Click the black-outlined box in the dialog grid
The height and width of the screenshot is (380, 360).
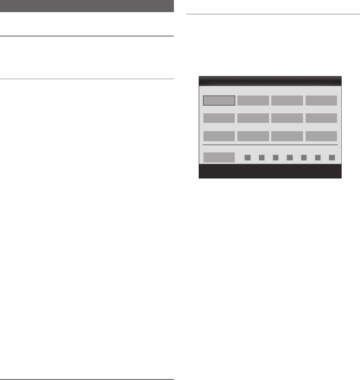[x=219, y=101]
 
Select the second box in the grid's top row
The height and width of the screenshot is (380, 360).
[x=253, y=101]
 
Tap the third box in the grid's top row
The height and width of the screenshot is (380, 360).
[x=287, y=101]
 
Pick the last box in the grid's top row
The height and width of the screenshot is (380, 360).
[x=321, y=101]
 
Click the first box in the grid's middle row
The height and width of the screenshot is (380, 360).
[x=219, y=118]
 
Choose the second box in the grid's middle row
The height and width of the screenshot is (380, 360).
[x=253, y=118]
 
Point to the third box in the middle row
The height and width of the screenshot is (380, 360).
[x=287, y=118]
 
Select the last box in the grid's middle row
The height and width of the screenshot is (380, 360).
[x=321, y=118]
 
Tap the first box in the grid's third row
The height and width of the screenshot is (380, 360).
[x=219, y=136]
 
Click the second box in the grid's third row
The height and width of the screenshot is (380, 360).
[x=253, y=136]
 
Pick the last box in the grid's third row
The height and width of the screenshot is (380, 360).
[x=321, y=136]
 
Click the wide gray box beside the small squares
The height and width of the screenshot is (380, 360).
[x=219, y=157]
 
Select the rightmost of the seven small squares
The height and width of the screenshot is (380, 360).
[x=332, y=158]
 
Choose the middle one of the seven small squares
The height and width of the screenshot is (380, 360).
[x=290, y=158]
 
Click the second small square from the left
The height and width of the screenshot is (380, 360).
[x=262, y=158]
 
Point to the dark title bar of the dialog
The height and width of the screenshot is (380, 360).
[x=270, y=81]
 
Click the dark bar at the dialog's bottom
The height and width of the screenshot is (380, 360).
[x=270, y=172]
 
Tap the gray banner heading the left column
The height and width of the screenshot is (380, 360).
[x=87, y=6]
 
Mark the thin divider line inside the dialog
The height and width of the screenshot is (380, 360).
[x=270, y=145]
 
